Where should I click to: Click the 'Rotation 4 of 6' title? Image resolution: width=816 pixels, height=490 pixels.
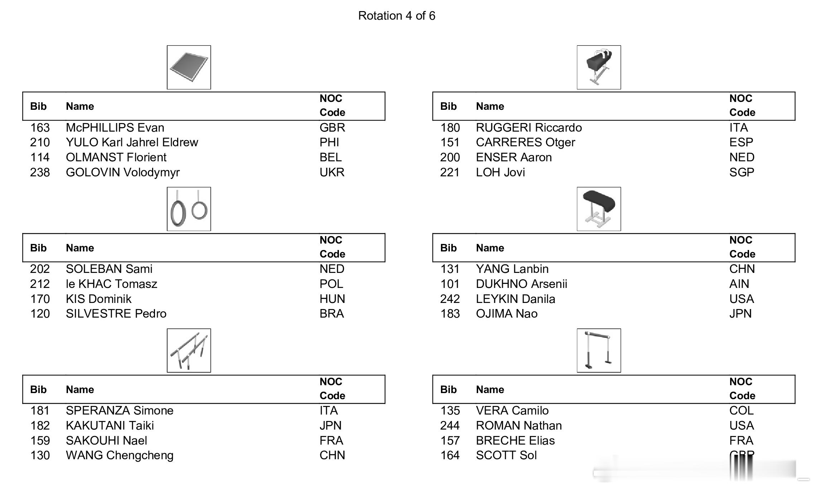(x=397, y=16)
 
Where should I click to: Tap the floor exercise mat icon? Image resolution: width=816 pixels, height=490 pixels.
(x=189, y=67)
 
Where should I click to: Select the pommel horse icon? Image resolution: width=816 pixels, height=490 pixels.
(x=599, y=67)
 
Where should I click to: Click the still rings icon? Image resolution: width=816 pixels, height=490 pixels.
(x=189, y=209)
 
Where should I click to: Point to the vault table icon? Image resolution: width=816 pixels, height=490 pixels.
(x=599, y=209)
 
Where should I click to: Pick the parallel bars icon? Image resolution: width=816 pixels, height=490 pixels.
(x=189, y=351)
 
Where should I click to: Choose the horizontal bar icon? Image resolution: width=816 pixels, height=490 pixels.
(x=599, y=351)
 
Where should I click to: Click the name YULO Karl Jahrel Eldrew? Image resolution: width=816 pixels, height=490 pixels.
(x=132, y=142)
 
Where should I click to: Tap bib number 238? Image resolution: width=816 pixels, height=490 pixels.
(x=40, y=172)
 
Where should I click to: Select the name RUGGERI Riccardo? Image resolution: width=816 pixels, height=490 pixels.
(x=529, y=128)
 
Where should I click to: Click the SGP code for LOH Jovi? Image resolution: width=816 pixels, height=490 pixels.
(x=742, y=172)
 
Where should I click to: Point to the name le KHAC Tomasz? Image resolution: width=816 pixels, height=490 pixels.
(x=111, y=284)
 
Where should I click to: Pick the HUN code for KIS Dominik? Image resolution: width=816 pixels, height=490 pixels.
(x=332, y=299)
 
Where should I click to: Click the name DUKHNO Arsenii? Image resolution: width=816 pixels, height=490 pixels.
(x=521, y=284)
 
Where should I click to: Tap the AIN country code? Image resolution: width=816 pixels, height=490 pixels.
(x=739, y=284)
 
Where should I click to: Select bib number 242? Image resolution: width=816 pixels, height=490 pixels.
(x=450, y=299)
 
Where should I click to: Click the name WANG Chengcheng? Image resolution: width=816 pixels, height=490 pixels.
(x=120, y=455)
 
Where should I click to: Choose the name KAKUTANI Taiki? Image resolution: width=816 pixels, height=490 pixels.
(x=110, y=426)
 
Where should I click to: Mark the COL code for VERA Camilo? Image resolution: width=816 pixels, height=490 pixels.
(x=741, y=411)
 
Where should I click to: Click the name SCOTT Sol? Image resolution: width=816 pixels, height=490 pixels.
(x=506, y=455)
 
